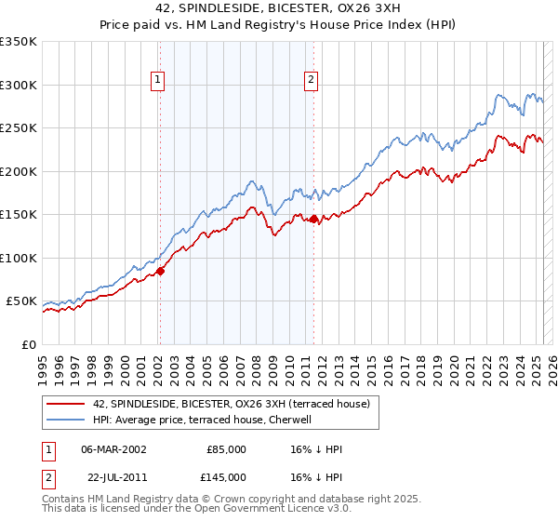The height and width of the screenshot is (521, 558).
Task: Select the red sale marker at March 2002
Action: coord(160,271)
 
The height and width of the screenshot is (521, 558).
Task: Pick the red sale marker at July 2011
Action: coord(313,220)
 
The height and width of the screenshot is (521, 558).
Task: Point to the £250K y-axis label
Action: coord(19,128)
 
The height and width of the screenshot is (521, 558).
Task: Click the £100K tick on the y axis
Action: coord(19,258)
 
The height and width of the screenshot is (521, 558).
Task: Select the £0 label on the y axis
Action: coord(26,344)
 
